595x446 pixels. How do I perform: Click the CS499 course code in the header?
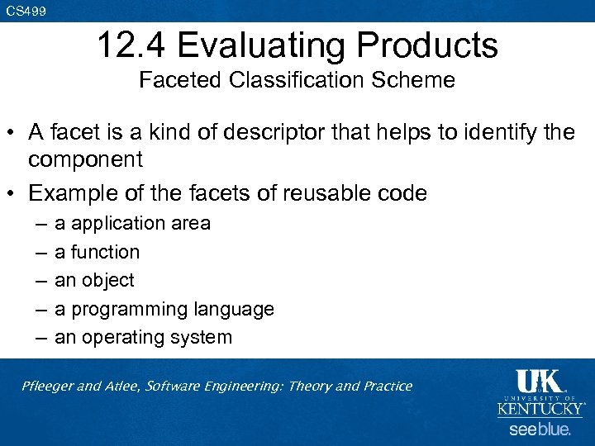(26, 11)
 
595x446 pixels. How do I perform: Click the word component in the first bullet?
(85, 159)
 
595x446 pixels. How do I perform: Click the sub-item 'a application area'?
(132, 223)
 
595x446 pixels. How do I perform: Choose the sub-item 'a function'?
(97, 252)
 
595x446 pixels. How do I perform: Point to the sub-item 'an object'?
(94, 281)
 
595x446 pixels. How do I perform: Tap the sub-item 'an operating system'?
(143, 338)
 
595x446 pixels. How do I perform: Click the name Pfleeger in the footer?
(50, 386)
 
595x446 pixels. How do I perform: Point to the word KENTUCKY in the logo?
(540, 409)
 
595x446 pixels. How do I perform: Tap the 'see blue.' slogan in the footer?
(540, 429)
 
